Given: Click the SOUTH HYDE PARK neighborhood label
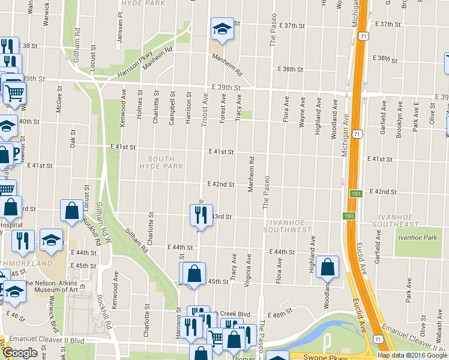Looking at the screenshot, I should click(x=161, y=162).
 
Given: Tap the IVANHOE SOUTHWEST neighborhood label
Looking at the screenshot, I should click(x=288, y=226).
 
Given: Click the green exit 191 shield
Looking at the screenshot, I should click(x=355, y=194).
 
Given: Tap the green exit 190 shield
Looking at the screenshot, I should click(x=349, y=216).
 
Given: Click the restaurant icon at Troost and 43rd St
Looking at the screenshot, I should click(x=201, y=215).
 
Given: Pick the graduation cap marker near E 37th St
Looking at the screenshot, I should click(x=221, y=28).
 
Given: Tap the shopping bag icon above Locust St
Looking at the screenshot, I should click(x=72, y=211).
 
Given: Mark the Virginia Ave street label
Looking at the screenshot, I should click(x=247, y=271).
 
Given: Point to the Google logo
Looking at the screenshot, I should click(x=20, y=353).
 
